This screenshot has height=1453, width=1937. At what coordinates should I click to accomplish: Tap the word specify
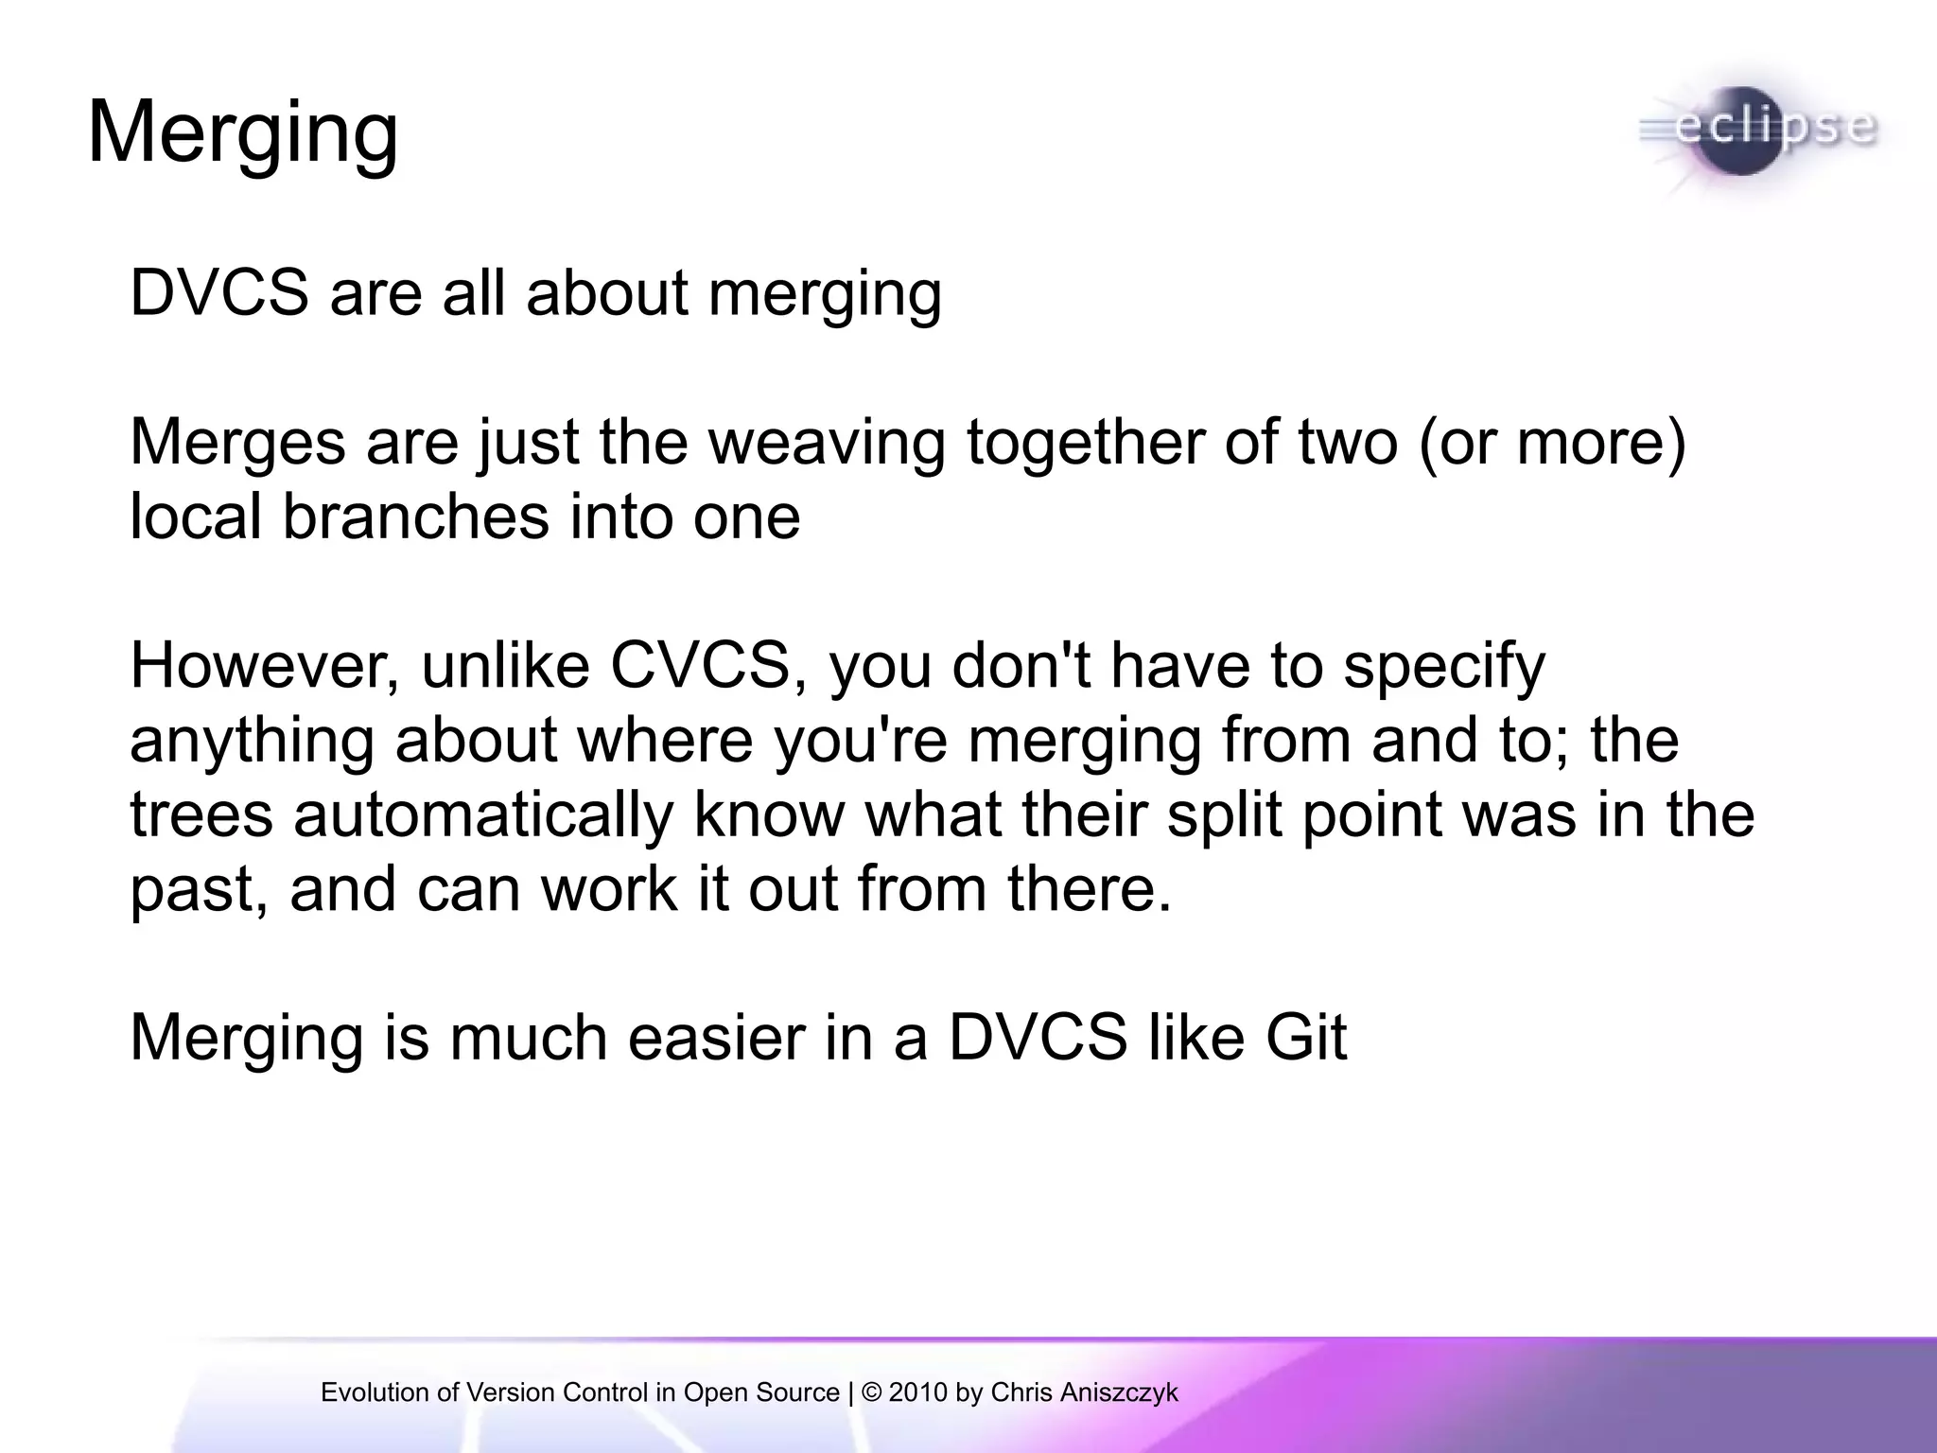point(1444,667)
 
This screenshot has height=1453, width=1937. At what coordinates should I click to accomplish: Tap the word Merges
point(237,442)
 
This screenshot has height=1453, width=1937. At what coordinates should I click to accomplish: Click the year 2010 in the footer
point(918,1392)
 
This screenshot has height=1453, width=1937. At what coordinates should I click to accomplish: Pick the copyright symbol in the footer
point(872,1392)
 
